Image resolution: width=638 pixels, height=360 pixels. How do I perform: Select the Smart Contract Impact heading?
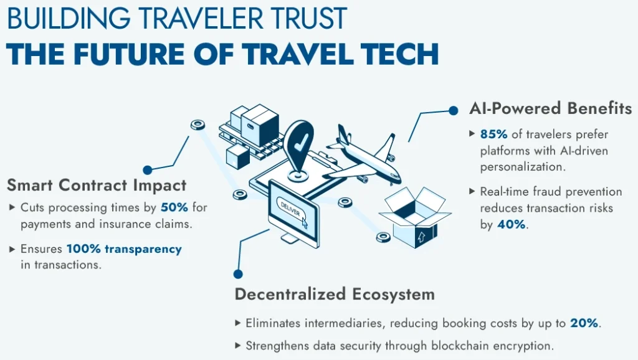pyautogui.click(x=97, y=185)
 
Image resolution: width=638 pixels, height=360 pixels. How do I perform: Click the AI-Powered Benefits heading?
pyautogui.click(x=550, y=108)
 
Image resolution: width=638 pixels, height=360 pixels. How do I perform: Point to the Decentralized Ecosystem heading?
pyautogui.click(x=335, y=294)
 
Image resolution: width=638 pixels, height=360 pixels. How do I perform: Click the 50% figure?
pyautogui.click(x=174, y=207)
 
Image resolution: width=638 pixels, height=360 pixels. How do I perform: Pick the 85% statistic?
pyautogui.click(x=493, y=134)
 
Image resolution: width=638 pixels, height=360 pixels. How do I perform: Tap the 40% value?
pyautogui.click(x=511, y=224)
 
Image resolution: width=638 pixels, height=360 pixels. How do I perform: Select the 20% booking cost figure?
pyautogui.click(x=584, y=323)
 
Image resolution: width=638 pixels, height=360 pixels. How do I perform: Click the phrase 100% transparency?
pyautogui.click(x=124, y=249)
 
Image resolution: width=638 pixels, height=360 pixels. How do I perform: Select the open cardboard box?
pyautogui.click(x=414, y=217)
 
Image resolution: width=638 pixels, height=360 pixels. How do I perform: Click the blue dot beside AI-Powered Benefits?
pyautogui.click(x=454, y=110)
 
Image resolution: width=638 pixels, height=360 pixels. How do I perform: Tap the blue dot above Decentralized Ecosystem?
pyautogui.click(x=238, y=274)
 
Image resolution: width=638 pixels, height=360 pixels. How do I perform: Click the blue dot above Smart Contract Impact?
pyautogui.click(x=147, y=169)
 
